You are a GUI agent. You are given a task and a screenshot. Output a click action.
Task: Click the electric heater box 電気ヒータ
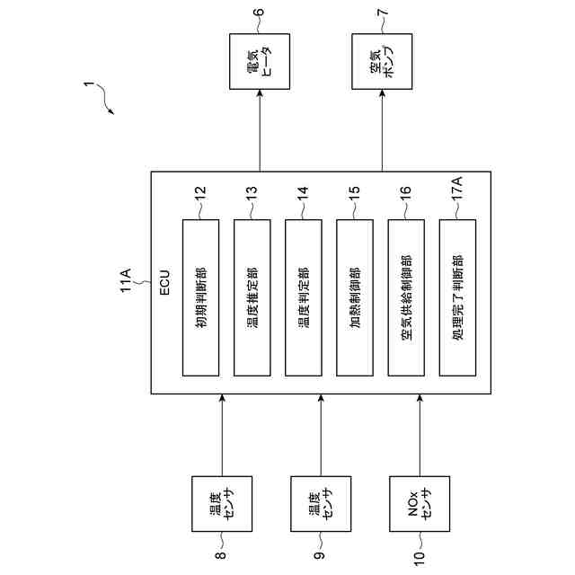260,63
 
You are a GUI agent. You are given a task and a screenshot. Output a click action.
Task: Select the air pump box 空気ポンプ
381,63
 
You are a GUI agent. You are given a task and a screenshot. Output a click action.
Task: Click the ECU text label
164,282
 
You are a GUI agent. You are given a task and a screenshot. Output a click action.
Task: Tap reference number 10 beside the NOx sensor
420,558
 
